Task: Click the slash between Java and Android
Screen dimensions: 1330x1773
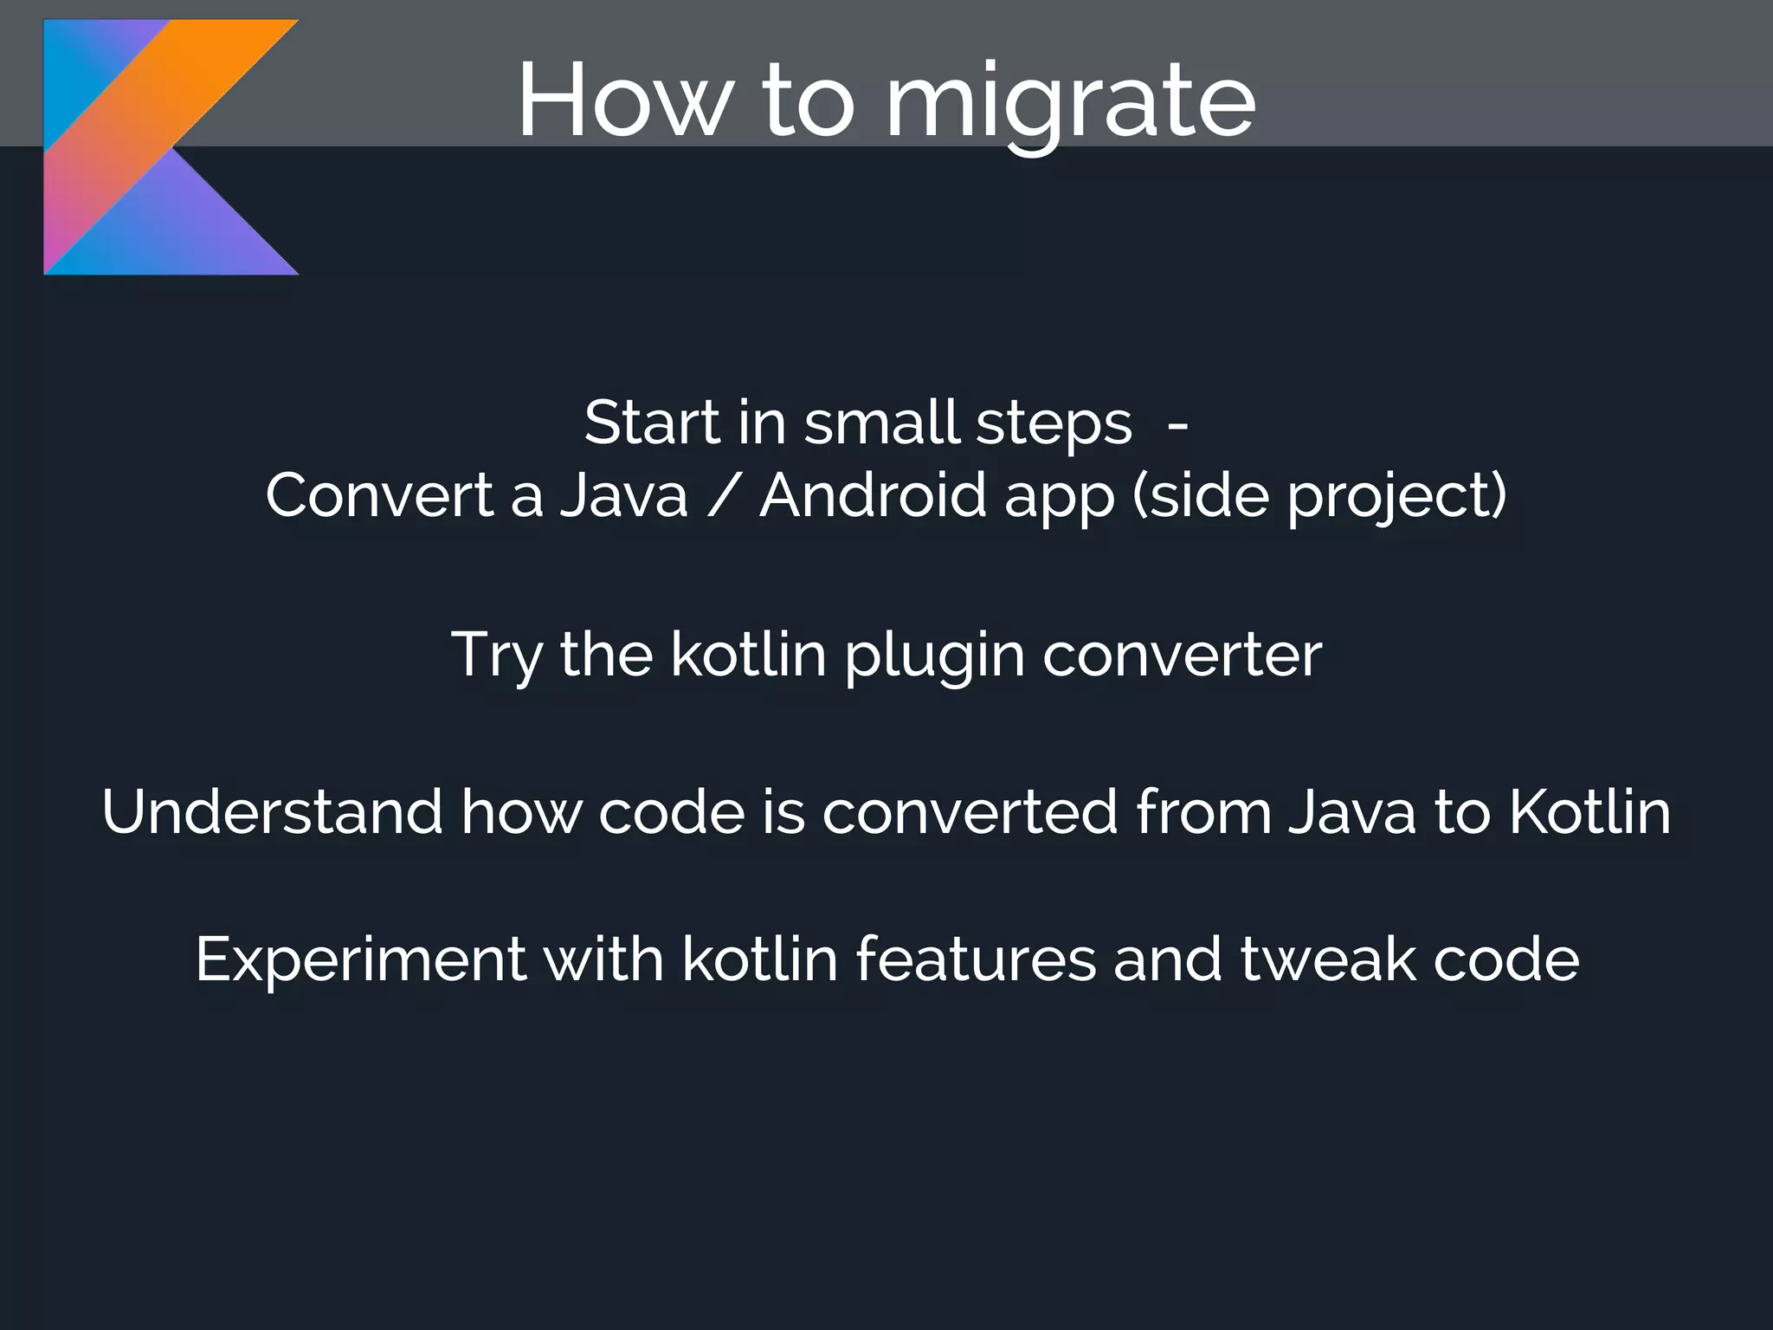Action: (x=723, y=496)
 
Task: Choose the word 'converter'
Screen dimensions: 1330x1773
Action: (x=1182, y=655)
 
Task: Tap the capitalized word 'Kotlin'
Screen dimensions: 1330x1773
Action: (x=1589, y=812)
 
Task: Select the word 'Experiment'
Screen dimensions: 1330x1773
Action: (x=360, y=959)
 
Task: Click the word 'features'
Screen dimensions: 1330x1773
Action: (x=976, y=959)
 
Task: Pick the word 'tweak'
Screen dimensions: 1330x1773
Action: (x=1328, y=959)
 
